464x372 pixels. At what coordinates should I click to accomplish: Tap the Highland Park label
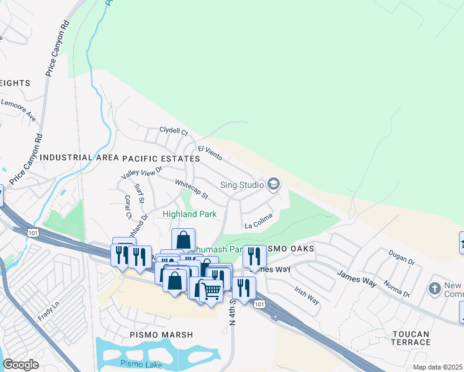coord(189,215)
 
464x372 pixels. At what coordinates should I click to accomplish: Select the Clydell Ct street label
coord(173,131)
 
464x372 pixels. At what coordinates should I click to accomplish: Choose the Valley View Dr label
coord(141,173)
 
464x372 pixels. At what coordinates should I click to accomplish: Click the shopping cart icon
coord(212,290)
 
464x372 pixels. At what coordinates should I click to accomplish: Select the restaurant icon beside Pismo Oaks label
coord(253,257)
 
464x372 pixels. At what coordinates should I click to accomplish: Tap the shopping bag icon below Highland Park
coord(184,239)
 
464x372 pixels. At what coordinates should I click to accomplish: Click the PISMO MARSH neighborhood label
coord(161,335)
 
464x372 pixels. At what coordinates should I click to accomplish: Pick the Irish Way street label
coord(306,295)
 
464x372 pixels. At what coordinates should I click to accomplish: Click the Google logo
coord(20,365)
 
